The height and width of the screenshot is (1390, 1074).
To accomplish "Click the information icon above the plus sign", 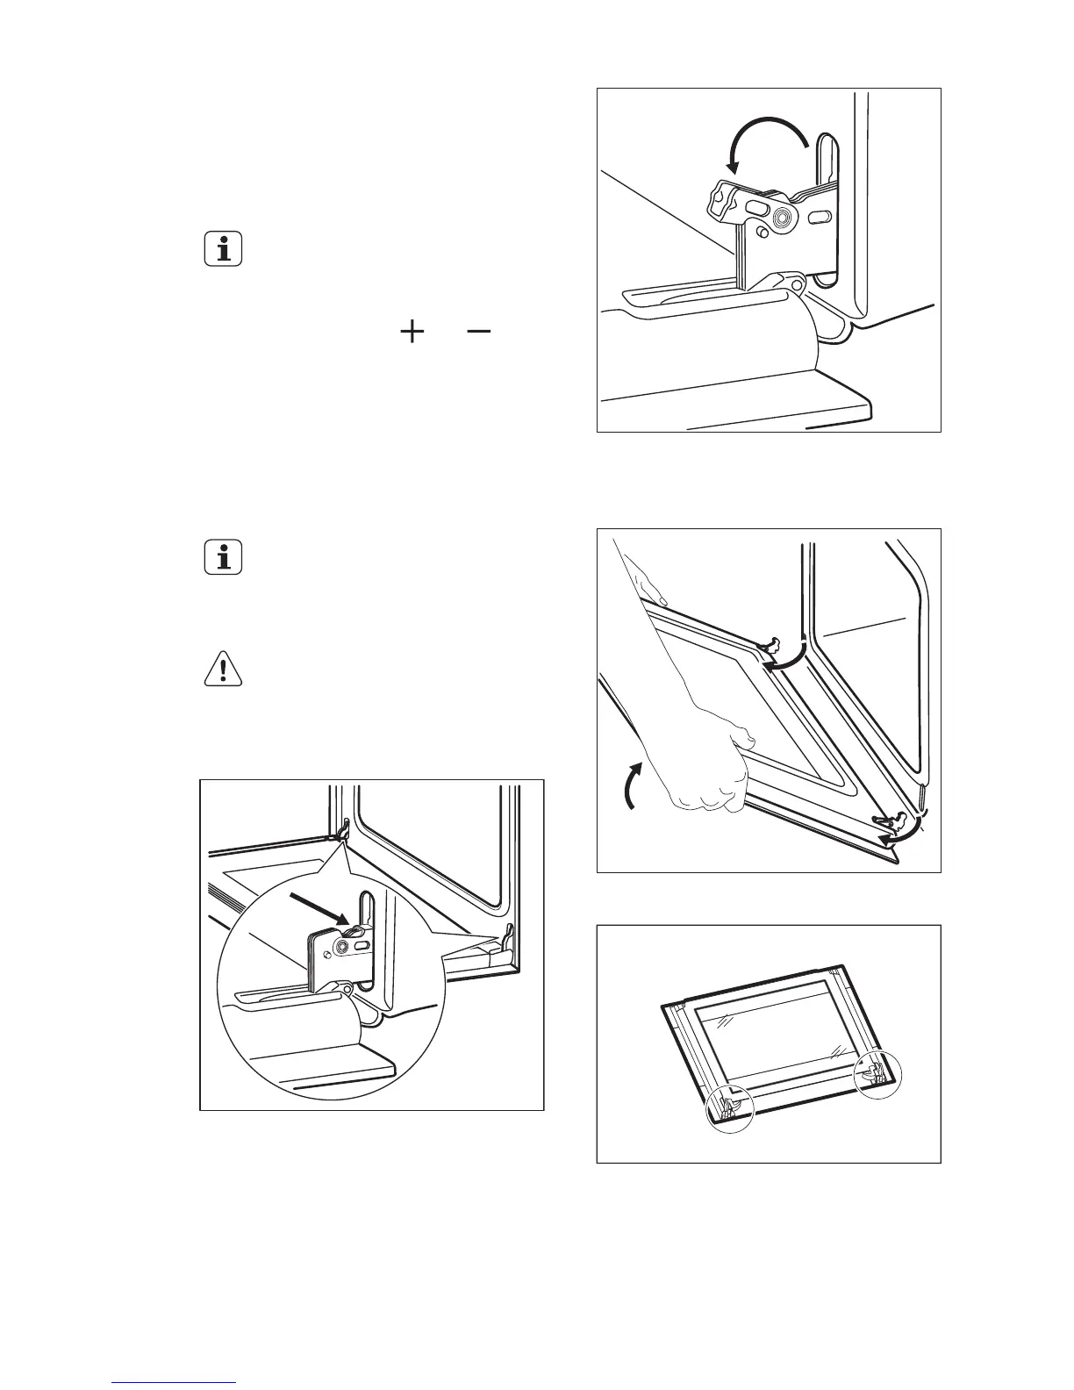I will coord(224,250).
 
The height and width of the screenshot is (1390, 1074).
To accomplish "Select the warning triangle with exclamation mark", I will coord(224,670).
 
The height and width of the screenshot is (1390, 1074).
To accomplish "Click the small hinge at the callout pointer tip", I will coord(341,828).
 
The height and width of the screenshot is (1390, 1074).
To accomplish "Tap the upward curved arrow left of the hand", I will coord(631,785).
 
